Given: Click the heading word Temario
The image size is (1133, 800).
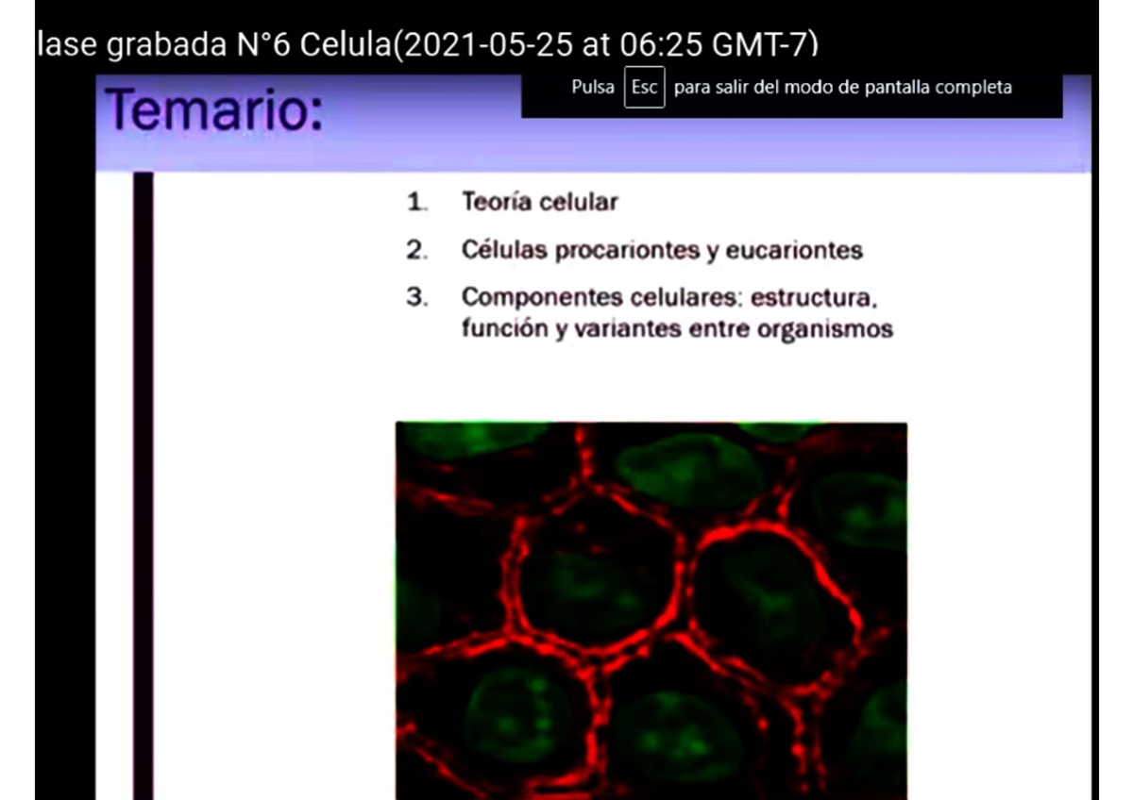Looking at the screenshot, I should click(213, 109).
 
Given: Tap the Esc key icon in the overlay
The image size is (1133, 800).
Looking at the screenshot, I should click(644, 88).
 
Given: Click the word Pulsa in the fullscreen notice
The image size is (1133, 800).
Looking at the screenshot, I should click(593, 88).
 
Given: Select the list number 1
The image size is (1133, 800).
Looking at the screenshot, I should click(415, 202).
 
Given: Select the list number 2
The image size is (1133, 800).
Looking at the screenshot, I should click(416, 251).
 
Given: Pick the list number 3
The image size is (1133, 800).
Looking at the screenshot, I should click(416, 297).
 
